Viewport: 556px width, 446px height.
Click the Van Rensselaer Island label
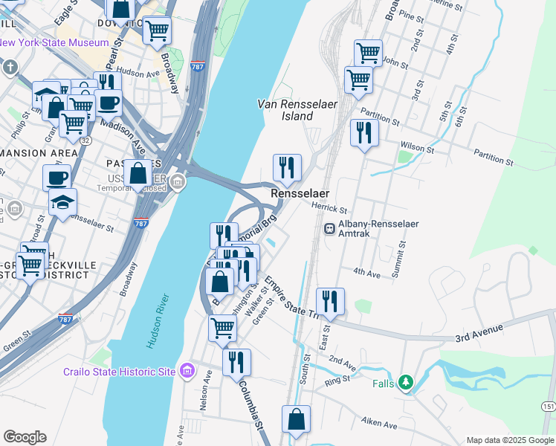coord(297,110)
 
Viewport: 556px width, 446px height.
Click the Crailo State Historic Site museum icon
coord(187,370)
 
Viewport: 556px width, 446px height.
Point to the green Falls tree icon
coord(405,383)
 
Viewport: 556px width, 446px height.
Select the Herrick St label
coord(330,209)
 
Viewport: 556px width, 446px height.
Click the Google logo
coord(25,437)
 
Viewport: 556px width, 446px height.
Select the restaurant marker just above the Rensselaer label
coord(287,169)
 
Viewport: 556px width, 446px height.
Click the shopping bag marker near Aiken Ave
coord(296,419)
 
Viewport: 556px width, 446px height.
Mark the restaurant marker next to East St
coord(330,302)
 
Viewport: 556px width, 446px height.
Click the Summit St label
coord(403,254)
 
